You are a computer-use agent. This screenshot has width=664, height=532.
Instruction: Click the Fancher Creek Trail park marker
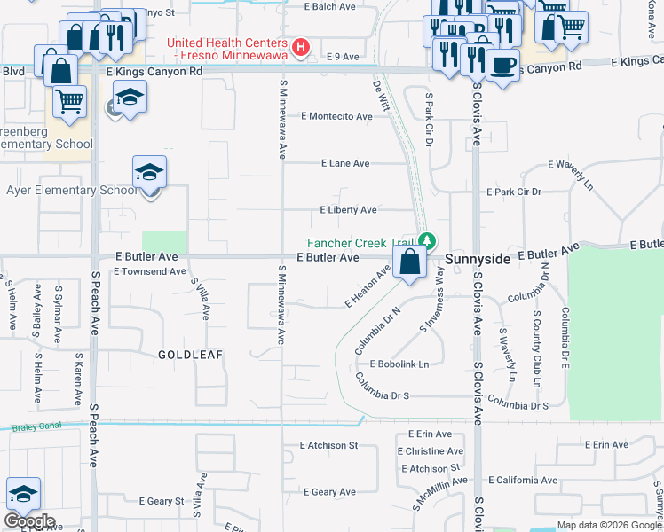click(428, 241)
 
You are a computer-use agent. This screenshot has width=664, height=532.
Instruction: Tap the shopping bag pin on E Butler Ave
click(409, 263)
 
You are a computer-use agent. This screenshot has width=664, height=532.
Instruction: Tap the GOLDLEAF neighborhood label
click(190, 354)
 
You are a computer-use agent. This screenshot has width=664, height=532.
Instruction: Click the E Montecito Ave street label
click(336, 117)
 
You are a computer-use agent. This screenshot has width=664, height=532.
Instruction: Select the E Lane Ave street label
click(344, 164)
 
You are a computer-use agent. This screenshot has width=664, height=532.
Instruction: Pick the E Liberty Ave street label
click(348, 210)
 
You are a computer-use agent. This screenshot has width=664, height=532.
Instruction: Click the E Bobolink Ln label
click(398, 364)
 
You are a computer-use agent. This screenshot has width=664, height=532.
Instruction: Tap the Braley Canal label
click(36, 427)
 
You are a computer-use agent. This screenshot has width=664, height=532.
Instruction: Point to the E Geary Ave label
click(328, 492)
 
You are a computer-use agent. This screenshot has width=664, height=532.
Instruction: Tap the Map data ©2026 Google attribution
click(608, 525)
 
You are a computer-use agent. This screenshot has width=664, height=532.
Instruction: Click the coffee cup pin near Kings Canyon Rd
click(503, 66)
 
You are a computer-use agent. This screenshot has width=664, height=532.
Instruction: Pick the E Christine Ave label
click(429, 451)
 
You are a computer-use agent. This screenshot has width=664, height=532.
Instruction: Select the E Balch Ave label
click(329, 6)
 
